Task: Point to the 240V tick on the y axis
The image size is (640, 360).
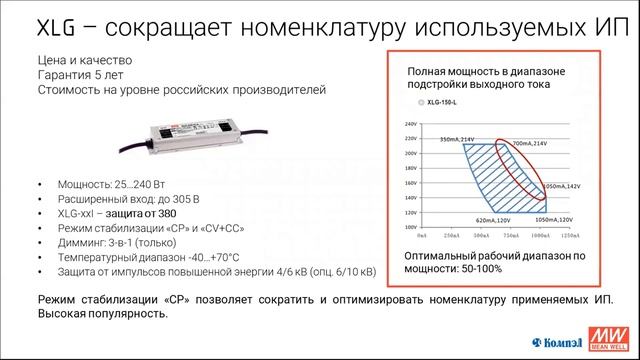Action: (x=409, y=127)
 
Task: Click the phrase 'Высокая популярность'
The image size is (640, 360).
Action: (x=102, y=314)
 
